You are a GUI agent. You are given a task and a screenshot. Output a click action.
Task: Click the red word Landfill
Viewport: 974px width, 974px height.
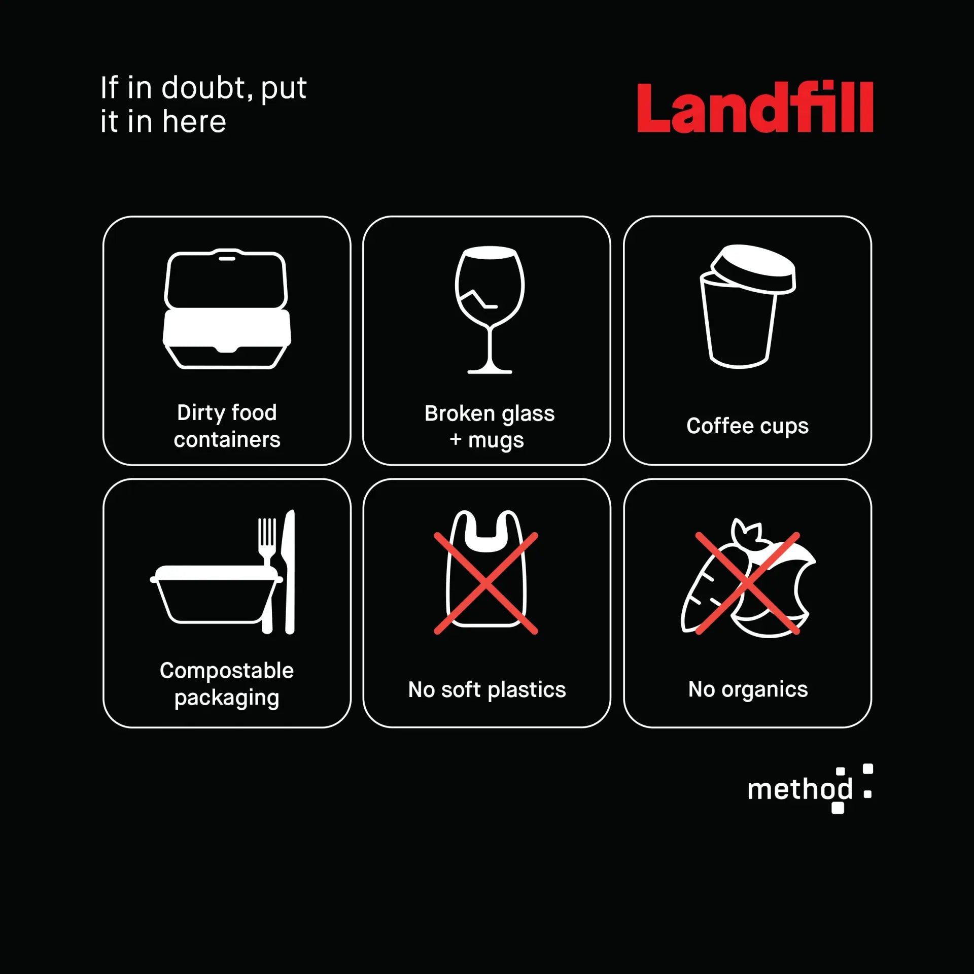755,108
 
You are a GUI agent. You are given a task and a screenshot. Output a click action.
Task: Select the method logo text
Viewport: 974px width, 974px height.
801,789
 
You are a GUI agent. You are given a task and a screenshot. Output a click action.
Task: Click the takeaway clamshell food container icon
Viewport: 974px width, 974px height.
227,308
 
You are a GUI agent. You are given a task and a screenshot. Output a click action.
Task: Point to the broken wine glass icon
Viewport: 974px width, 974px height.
490,310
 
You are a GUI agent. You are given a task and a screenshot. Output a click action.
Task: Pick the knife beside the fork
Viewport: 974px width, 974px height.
288,572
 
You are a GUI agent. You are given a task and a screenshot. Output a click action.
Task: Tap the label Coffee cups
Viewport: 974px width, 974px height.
747,427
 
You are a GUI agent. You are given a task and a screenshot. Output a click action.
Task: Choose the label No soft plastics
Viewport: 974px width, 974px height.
487,690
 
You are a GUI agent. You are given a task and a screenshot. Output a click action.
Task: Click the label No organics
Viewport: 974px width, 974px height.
748,690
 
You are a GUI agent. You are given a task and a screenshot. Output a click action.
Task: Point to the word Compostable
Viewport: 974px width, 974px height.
227,671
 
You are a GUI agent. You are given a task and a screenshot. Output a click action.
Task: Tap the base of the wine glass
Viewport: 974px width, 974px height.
490,371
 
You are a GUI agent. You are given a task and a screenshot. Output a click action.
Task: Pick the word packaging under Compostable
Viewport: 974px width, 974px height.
227,699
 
